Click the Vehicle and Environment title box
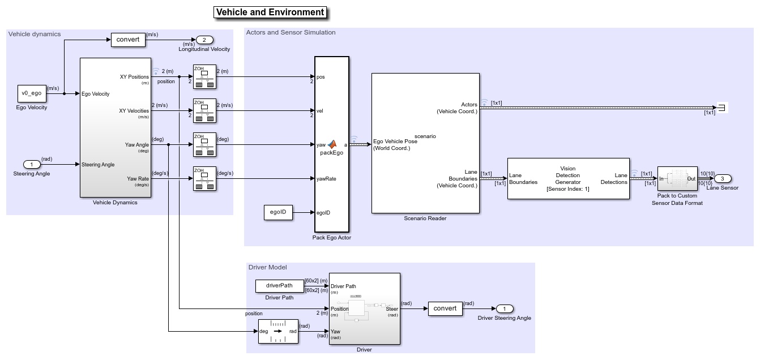[x=271, y=12]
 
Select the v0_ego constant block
[x=32, y=94]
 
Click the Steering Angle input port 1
[x=32, y=165]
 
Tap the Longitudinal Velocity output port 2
[x=204, y=40]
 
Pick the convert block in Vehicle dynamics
[x=127, y=40]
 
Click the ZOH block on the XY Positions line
[x=204, y=77]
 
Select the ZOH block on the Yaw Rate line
[x=204, y=179]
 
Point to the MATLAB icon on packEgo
[x=332, y=144]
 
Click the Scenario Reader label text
[x=425, y=218]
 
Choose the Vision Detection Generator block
[x=568, y=179]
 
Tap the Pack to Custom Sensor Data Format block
[x=677, y=179]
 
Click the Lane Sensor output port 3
[x=722, y=179]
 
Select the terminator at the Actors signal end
[x=721, y=108]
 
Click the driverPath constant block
[x=279, y=286]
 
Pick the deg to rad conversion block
[x=278, y=332]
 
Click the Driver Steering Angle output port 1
[x=504, y=309]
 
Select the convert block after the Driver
[x=445, y=309]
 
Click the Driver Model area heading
[x=267, y=267]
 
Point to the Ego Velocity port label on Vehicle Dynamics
[x=96, y=94]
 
